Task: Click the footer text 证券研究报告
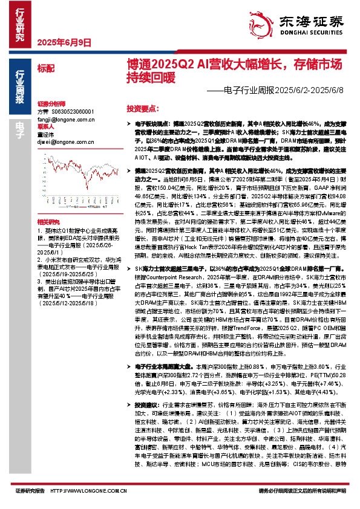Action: (x=30, y=491)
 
